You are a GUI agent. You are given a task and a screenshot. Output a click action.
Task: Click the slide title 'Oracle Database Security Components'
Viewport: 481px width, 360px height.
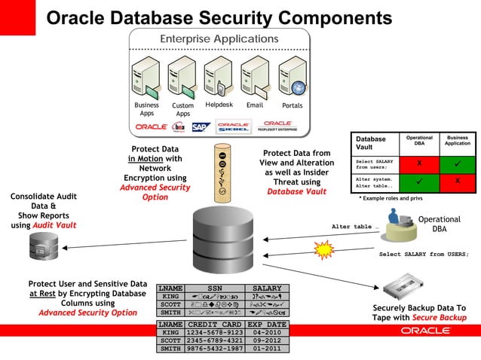[219, 17]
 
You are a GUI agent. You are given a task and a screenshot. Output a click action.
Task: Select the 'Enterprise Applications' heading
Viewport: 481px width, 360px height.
[219, 39]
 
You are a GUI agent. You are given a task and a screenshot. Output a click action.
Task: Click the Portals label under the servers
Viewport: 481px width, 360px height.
[292, 105]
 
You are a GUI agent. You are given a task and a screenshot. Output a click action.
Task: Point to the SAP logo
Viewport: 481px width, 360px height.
[200, 127]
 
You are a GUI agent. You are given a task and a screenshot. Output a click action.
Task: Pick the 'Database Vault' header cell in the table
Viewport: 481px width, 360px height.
[371, 143]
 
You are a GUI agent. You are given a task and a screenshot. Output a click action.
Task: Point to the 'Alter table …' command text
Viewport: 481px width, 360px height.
[355, 226]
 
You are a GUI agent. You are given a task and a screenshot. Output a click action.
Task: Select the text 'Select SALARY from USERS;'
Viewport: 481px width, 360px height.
[423, 255]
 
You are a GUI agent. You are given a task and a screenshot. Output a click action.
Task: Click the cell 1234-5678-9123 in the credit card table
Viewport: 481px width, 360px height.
[214, 332]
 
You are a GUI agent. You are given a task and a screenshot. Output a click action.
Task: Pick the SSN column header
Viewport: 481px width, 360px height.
[215, 288]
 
